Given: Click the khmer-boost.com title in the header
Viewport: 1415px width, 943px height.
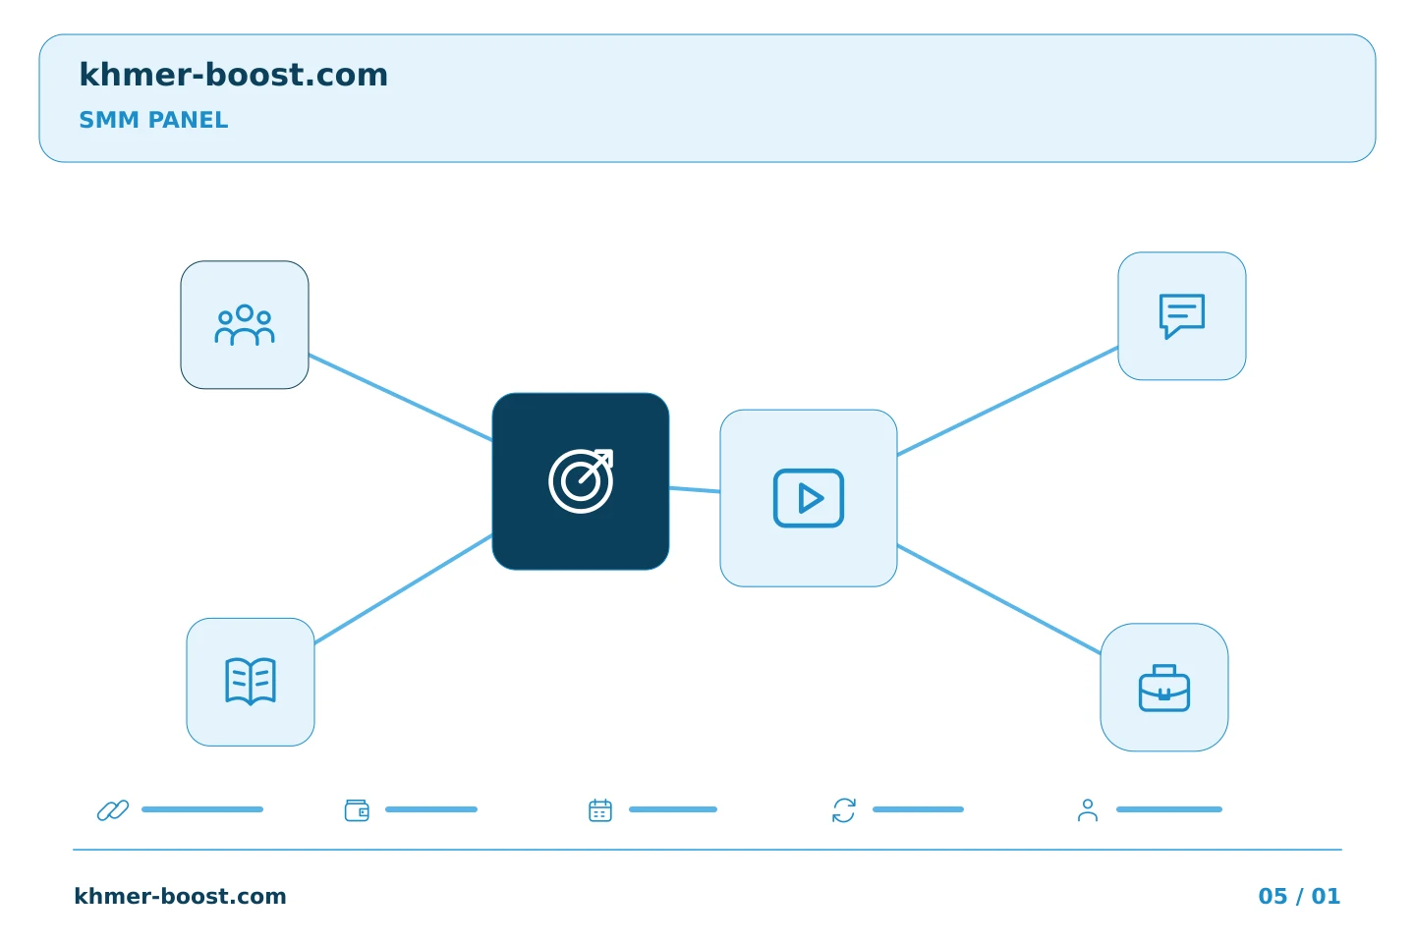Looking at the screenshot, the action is [x=233, y=75].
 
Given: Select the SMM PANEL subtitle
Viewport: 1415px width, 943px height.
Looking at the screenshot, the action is [x=153, y=120].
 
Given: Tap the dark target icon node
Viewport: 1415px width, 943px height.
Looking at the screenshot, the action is [x=581, y=481].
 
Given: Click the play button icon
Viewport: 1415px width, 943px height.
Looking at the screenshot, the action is [x=809, y=498].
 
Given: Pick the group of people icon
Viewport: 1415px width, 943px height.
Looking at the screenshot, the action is [x=245, y=325].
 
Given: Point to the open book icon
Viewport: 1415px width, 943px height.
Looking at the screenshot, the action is [x=251, y=682].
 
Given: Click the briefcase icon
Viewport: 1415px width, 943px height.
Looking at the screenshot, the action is [x=1164, y=688].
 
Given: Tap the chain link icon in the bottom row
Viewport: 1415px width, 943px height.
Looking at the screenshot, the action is [x=113, y=810].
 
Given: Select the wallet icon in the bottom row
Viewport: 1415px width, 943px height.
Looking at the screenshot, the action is [x=357, y=810].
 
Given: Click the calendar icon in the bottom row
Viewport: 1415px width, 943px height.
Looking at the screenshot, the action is [x=600, y=810].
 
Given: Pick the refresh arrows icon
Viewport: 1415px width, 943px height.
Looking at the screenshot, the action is [x=844, y=810].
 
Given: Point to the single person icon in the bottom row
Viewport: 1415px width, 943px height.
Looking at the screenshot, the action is [x=1087, y=810].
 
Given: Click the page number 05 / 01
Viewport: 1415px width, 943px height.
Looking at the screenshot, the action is [x=1299, y=896].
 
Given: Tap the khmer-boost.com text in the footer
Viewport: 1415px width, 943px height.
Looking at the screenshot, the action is [x=180, y=896].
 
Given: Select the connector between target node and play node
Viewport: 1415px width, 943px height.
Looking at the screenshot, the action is [x=695, y=489].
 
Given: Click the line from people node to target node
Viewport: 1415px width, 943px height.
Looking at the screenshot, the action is [x=401, y=397].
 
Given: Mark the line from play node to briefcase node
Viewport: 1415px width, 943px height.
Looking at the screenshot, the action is [x=998, y=599].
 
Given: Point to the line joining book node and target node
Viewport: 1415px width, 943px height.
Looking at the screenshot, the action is [x=403, y=589].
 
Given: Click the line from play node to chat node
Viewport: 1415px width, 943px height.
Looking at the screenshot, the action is [x=1007, y=401].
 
